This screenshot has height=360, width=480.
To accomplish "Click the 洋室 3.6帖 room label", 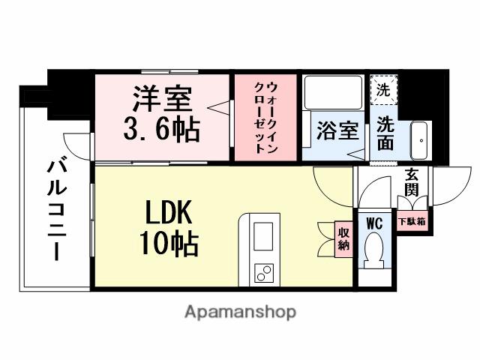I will click(x=162, y=114).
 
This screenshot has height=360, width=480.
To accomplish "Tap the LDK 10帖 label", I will click(x=167, y=228).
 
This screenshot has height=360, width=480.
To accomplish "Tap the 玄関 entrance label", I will click(x=412, y=181).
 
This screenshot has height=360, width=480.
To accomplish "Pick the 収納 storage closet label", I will click(x=343, y=238).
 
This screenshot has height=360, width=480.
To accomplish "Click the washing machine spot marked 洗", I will click(x=382, y=91).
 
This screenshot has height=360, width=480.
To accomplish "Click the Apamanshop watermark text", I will click(x=240, y=311).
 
